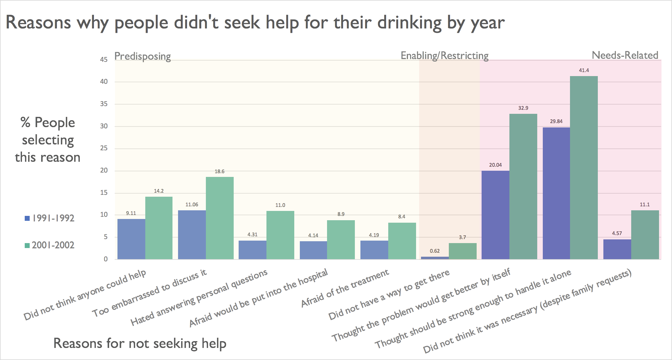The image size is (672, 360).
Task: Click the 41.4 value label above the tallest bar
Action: click(584, 71)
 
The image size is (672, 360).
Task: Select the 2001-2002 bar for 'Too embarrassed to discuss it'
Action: click(220, 218)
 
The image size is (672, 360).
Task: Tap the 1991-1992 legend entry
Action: click(49, 218)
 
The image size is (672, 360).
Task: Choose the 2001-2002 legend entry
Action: click(49, 245)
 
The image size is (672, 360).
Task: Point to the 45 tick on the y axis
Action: click(104, 59)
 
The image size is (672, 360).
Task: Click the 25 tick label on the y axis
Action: click(104, 148)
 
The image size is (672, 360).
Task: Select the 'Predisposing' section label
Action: click(142, 56)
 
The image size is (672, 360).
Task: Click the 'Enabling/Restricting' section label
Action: click(444, 56)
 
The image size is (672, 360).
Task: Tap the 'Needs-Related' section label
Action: click(625, 55)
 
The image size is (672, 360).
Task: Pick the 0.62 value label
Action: click(435, 251)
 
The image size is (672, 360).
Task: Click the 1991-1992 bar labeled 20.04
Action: click(495, 215)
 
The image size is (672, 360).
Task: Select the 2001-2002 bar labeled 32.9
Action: click(523, 186)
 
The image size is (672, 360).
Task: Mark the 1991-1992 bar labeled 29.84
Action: click(556, 193)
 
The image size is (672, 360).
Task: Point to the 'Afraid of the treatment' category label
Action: click(345, 288)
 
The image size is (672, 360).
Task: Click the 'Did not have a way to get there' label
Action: click(389, 295)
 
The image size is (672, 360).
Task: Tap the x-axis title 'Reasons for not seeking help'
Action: click(140, 343)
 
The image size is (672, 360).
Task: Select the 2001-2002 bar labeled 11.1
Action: click(645, 235)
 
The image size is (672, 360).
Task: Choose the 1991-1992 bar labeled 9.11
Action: click(131, 239)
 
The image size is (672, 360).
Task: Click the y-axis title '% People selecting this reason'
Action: click(48, 140)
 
